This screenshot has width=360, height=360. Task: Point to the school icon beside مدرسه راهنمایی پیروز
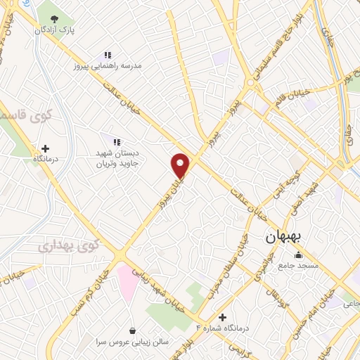[108, 54]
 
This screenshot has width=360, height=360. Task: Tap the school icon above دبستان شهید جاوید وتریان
[117, 143]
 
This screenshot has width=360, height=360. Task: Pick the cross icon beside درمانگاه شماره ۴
[223, 318]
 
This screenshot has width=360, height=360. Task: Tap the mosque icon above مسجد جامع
[301, 255]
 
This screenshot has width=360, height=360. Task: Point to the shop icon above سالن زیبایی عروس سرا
[132, 330]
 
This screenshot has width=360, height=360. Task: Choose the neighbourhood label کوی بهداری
[69, 247]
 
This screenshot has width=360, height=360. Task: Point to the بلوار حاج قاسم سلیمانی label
[265, 46]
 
